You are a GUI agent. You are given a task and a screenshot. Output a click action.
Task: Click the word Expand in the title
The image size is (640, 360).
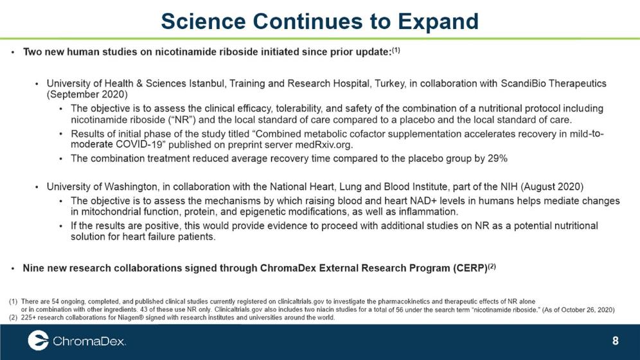[x=438, y=22]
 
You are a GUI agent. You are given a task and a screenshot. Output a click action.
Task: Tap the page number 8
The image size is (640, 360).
[x=615, y=341]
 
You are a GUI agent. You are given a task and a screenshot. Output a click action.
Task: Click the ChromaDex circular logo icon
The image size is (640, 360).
[x=38, y=341]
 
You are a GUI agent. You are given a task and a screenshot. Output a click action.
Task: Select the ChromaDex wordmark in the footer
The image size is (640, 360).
[x=89, y=341]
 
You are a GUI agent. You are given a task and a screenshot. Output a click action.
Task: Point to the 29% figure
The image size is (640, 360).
[x=497, y=158]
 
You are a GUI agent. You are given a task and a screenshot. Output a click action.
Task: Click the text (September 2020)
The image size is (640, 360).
[x=87, y=94]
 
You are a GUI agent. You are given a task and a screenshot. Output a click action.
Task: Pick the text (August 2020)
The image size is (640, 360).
[x=552, y=186]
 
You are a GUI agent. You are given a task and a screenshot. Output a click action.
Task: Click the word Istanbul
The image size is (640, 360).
[x=208, y=84]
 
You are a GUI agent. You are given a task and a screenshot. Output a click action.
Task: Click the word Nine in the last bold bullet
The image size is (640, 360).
[x=32, y=268]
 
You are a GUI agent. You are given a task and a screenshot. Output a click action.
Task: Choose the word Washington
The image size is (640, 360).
[x=131, y=187]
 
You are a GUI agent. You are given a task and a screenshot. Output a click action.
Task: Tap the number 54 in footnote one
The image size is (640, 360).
[x=55, y=301]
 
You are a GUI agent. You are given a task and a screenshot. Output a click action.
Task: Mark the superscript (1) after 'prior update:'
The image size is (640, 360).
[x=396, y=50]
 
